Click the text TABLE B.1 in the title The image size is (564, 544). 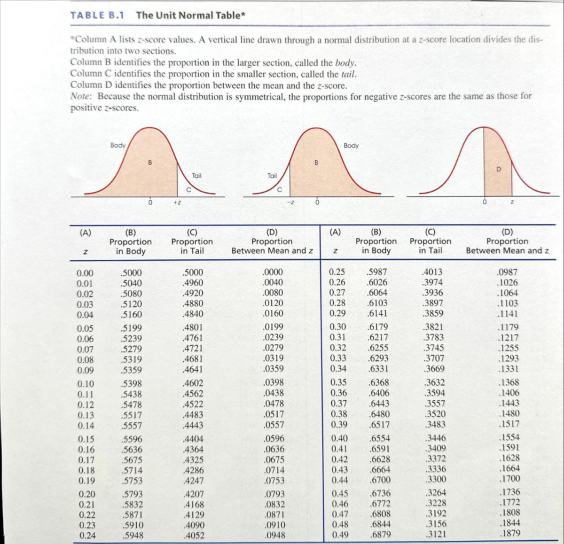pos(97,15)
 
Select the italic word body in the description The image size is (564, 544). pos(345,63)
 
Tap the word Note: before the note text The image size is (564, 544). pos(82,97)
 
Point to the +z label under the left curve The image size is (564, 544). pos(177,202)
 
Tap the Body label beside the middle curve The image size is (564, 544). pos(351,146)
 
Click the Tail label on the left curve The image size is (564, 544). pos(196,176)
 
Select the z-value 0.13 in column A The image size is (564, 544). pos(85,415)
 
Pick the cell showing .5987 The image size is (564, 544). pos(377,272)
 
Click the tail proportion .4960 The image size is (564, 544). pos(193,283)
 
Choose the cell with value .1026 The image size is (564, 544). pos(508,282)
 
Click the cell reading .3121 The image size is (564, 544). pos(435,534)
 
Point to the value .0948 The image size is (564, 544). pos(274,535)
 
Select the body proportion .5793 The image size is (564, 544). pos(132,494)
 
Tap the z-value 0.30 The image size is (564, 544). pos(337,327)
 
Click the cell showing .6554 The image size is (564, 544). pos(380,438)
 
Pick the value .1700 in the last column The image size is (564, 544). pos(509,479)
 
